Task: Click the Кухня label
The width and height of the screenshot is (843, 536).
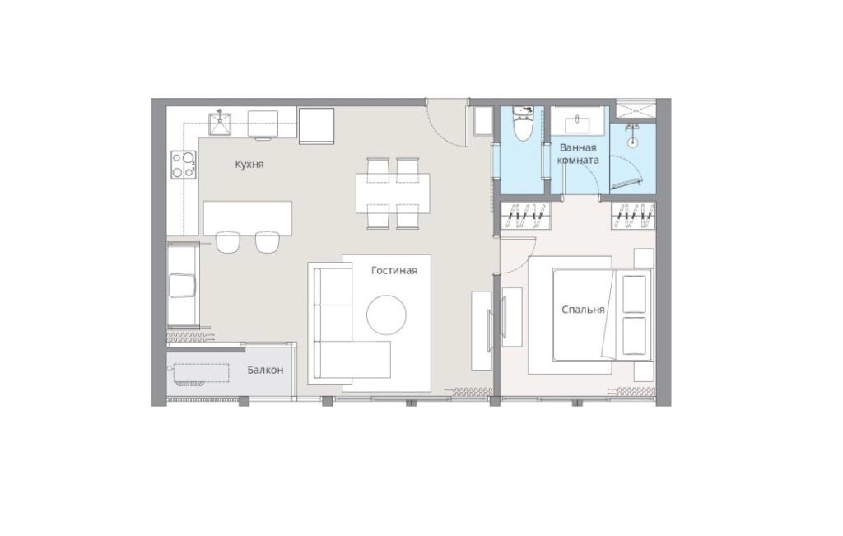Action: (x=249, y=164)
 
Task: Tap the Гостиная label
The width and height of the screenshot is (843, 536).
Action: (x=394, y=270)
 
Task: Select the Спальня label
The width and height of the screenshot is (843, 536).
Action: (x=583, y=310)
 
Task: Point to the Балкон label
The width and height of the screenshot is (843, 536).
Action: (x=265, y=370)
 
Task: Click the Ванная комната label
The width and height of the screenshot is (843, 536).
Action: (x=578, y=154)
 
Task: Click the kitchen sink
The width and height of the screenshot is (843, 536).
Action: (x=219, y=124)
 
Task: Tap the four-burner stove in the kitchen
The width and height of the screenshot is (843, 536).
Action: (x=184, y=165)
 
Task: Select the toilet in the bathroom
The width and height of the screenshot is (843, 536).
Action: (x=522, y=124)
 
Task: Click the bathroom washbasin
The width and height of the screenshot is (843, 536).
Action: (x=578, y=124)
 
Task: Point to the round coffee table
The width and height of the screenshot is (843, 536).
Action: (x=386, y=315)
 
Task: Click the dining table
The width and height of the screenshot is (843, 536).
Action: (x=393, y=193)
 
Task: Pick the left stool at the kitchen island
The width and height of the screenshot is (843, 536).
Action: (x=227, y=242)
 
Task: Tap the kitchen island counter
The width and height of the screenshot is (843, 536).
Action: (x=248, y=218)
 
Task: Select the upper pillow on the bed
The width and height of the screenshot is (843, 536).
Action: (x=635, y=294)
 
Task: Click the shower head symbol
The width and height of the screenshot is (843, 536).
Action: (x=632, y=134)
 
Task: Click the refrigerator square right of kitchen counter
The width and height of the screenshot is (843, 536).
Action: (x=317, y=126)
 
